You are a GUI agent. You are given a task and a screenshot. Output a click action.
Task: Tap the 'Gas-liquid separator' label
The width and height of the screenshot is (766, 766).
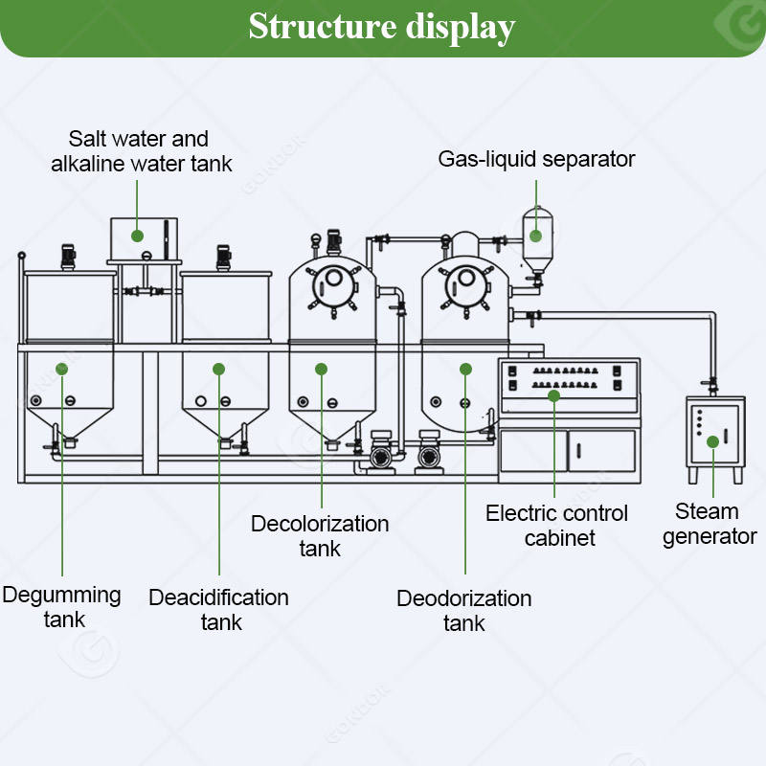coord(536,159)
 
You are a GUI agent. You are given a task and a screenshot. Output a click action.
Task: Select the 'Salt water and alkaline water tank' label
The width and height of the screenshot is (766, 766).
coord(141,151)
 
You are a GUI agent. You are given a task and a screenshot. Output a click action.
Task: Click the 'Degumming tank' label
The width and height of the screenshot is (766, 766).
coord(62,607)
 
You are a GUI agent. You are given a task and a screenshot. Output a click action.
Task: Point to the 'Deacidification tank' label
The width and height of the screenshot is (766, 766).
coord(219,610)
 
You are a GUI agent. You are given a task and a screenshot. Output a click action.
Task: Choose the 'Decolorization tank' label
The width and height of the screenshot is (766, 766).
coord(320,536)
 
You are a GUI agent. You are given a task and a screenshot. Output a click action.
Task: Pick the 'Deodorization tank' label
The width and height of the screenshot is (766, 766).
coord(464,610)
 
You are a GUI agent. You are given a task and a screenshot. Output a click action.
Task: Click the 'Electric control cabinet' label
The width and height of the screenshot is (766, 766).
coord(556,525)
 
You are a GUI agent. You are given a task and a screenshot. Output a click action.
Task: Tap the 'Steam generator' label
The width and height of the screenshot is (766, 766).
coord(710,524)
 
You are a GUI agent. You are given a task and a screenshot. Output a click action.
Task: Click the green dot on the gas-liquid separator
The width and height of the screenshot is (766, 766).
coord(537,233)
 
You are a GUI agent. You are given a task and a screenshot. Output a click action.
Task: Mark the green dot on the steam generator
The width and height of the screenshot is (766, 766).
coord(712,441)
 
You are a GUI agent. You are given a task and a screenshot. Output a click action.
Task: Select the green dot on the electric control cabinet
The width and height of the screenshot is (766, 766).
coord(555,394)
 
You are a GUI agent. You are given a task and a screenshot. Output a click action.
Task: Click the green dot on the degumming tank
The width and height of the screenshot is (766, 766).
coord(62,369)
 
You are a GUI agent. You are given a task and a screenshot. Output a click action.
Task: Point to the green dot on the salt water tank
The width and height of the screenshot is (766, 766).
coord(137,235)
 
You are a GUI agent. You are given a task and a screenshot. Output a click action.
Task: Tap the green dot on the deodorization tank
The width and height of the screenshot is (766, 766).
coord(465,369)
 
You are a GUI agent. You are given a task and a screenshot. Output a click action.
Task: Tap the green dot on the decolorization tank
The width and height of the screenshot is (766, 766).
coord(322,369)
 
